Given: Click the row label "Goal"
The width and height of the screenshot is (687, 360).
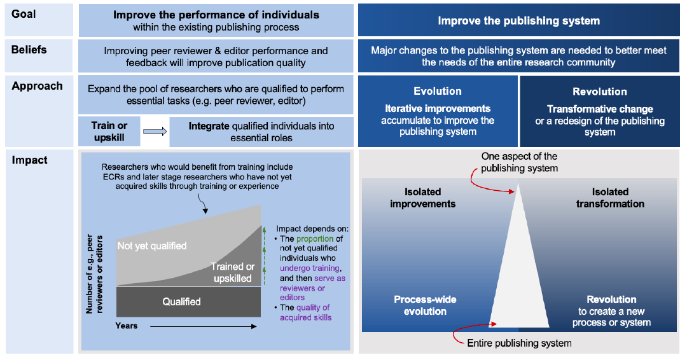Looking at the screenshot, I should (x=24, y=14).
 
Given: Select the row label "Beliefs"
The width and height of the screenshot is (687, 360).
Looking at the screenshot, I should (x=29, y=50).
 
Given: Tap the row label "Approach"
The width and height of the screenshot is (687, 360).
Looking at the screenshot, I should (x=37, y=87).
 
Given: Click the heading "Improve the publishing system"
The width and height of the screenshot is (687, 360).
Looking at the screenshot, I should (x=518, y=21).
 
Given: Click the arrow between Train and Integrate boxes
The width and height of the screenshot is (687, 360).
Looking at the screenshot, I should (x=155, y=132).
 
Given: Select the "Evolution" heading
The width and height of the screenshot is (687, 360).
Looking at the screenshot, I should (x=437, y=92).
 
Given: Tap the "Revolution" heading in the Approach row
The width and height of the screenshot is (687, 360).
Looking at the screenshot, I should (x=599, y=92).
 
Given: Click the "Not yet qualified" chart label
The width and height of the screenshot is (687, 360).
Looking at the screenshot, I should (x=152, y=246).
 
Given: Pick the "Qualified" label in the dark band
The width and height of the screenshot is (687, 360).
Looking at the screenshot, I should (x=181, y=301).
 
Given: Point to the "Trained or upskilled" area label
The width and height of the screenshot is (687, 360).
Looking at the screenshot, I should (x=232, y=273).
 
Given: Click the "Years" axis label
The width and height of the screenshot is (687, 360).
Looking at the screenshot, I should (x=127, y=326).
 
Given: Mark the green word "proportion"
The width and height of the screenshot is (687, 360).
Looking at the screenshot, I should (x=315, y=239).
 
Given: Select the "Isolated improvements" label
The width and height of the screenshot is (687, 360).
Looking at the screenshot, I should (x=422, y=198).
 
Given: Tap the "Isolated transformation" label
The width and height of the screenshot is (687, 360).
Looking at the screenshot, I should (x=609, y=198).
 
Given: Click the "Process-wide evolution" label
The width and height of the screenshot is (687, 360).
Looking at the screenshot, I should (x=424, y=305).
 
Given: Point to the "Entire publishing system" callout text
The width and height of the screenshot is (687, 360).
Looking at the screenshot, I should (x=519, y=343).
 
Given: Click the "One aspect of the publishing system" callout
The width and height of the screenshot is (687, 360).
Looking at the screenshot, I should (x=518, y=162).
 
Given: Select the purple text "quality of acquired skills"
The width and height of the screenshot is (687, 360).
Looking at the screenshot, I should (x=306, y=312).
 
